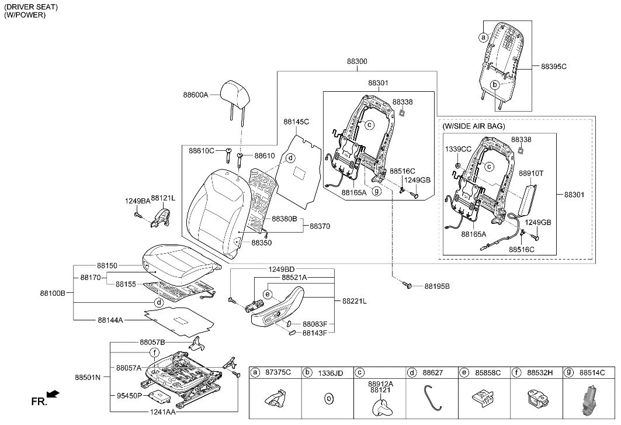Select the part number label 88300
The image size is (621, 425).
pos(357,61)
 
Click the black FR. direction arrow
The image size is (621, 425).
pos(53,395)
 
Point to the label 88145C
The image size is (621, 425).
pos(296,122)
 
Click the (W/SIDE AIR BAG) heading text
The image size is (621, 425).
pos(474,126)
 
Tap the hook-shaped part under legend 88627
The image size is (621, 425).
pos(433,398)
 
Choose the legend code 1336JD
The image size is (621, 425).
pos(330,372)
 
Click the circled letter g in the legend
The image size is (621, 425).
pos(568,372)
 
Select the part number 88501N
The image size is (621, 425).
pos(88,377)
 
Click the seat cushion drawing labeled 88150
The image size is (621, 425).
pos(178,263)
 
